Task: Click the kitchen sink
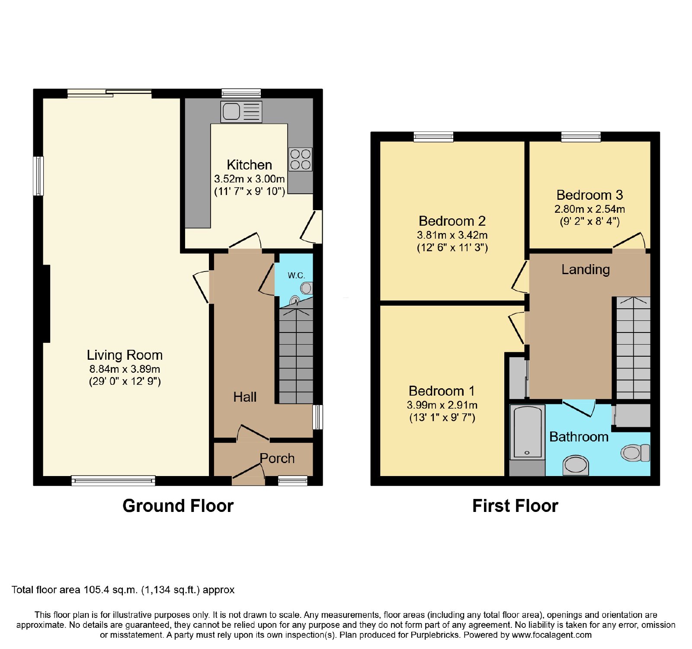pyautogui.click(x=241, y=112)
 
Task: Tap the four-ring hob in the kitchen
pyautogui.click(x=301, y=159)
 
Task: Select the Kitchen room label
pyautogui.click(x=250, y=165)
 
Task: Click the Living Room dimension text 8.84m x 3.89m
pyautogui.click(x=125, y=369)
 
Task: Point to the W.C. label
pyautogui.click(x=296, y=275)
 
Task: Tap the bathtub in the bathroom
pyautogui.click(x=527, y=432)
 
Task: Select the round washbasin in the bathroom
pyautogui.click(x=576, y=465)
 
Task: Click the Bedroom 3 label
pyautogui.click(x=589, y=195)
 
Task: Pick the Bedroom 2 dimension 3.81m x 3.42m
pyautogui.click(x=452, y=235)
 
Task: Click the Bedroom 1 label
pyautogui.click(x=442, y=391)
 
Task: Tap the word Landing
pyautogui.click(x=586, y=269)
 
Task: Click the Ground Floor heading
pyautogui.click(x=178, y=505)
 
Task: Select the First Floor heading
pyautogui.click(x=515, y=505)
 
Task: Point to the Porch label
pyautogui.click(x=277, y=458)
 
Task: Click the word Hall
pyautogui.click(x=245, y=397)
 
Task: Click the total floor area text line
pyautogui.click(x=123, y=590)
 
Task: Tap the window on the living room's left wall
pyautogui.click(x=38, y=176)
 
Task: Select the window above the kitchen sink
pyautogui.click(x=241, y=93)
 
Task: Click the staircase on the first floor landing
pyautogui.click(x=633, y=348)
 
